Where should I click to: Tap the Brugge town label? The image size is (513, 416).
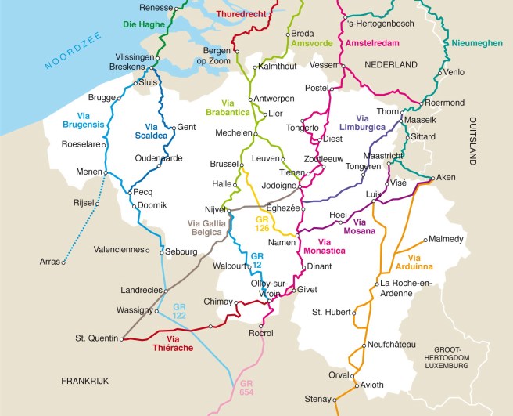101,98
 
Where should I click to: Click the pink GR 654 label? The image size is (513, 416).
247,387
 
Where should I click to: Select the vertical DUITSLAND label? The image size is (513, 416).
473,140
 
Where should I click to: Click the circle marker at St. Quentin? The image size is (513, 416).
123,339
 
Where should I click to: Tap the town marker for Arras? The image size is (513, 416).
65,261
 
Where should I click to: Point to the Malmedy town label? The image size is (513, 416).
447,239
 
